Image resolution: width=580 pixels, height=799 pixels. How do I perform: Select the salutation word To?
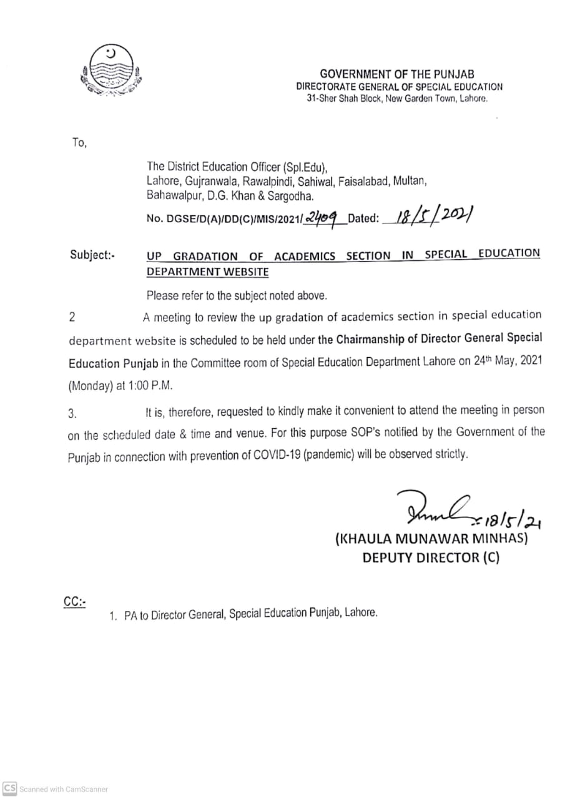point(79,143)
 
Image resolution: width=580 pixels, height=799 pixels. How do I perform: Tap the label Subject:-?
point(92,255)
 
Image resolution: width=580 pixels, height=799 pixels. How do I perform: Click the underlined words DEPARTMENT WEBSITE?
point(207,272)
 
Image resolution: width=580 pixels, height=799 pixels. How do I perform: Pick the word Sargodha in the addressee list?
point(292,196)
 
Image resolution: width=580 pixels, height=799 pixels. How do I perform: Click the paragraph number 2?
point(72,316)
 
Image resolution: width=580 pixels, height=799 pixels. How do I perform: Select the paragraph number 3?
point(72,412)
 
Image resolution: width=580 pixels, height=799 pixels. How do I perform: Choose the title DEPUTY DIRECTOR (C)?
point(431,558)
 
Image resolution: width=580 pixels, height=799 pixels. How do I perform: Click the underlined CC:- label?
point(74,602)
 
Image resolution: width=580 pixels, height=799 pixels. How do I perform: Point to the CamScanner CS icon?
point(9,789)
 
